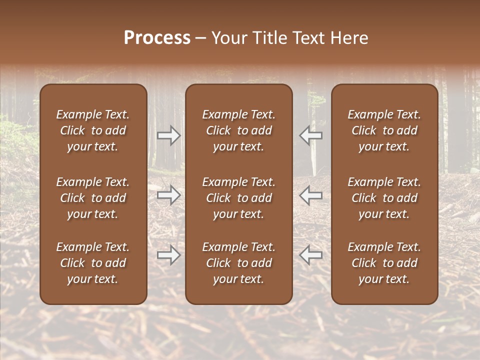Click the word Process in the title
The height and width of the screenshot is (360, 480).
pyautogui.click(x=157, y=38)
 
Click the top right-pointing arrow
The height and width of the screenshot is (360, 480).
pyautogui.click(x=169, y=135)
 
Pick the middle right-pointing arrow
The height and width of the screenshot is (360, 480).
pyautogui.click(x=169, y=195)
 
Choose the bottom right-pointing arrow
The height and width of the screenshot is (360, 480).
pyautogui.click(x=169, y=255)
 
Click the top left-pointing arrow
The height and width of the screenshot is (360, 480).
pyautogui.click(x=311, y=135)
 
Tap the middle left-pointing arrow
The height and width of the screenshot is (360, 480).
pyautogui.click(x=311, y=195)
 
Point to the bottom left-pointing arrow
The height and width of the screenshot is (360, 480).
pyautogui.click(x=311, y=255)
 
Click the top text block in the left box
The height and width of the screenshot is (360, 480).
pyautogui.click(x=93, y=130)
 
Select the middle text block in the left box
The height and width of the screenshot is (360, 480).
pyautogui.click(x=93, y=198)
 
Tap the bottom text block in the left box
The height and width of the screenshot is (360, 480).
pyautogui.click(x=93, y=263)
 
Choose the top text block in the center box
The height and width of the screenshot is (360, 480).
pyautogui.click(x=239, y=130)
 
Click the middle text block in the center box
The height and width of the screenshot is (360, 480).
pyautogui.click(x=239, y=198)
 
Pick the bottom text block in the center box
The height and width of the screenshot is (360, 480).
pyautogui.click(x=239, y=263)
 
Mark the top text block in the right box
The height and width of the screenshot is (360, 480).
pyautogui.click(x=384, y=130)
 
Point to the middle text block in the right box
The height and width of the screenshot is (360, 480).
pyautogui.click(x=384, y=198)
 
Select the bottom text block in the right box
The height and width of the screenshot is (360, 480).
pyautogui.click(x=384, y=263)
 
